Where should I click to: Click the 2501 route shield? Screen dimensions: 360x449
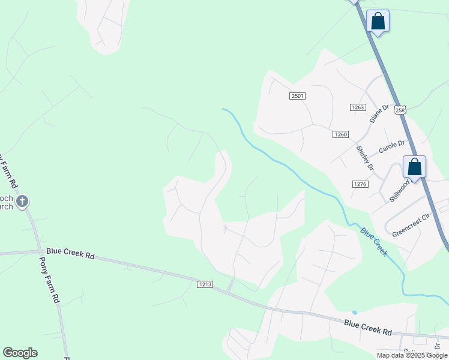pos(298,96)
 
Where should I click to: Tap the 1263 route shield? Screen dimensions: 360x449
pos(358,107)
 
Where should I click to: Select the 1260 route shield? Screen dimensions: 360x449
pos(340,134)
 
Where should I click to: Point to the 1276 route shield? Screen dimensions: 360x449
pos(360,184)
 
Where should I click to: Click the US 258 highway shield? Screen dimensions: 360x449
pos(400,110)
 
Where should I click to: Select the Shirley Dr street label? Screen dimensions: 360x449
pos(365,158)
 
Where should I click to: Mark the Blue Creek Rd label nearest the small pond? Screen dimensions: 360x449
pos(368,327)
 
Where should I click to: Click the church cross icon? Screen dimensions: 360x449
pos(22,201)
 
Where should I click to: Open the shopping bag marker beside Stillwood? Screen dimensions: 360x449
pos(414,167)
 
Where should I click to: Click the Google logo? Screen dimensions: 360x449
pos(20,353)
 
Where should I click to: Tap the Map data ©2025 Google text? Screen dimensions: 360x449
pos(412,355)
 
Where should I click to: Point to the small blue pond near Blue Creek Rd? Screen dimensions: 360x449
pos(354,313)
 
